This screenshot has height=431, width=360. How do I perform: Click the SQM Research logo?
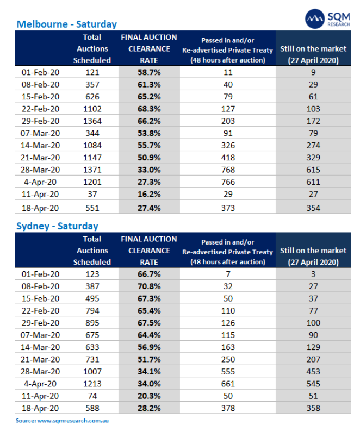tap(328, 19)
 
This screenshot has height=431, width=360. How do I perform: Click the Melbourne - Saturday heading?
tap(66, 24)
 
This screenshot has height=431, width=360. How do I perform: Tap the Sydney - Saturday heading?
tap(57, 226)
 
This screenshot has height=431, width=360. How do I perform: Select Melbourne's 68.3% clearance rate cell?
tap(148, 109)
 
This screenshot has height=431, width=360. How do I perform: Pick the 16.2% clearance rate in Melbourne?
tap(148, 194)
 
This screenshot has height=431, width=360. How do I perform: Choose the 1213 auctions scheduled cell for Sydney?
tap(92, 384)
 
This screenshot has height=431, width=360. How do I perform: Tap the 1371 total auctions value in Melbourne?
tap(92, 170)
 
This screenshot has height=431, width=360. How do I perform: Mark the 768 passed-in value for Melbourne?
tap(228, 170)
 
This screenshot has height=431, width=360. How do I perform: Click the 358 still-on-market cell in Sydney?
tap(313, 408)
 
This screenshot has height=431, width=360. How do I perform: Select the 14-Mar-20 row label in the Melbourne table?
tap(41, 145)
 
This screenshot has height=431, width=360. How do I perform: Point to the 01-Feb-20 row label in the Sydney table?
tap(41, 274)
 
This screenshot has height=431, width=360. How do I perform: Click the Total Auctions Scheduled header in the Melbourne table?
tap(92, 49)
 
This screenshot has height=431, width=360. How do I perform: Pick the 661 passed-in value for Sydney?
tap(228, 384)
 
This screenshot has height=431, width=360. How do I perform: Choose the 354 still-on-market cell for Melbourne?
tap(313, 208)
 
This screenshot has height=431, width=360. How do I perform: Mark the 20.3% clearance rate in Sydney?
tap(148, 396)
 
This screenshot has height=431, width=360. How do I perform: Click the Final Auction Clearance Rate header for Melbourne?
tap(148, 49)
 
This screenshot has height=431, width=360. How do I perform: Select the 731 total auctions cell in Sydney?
tap(92, 359)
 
